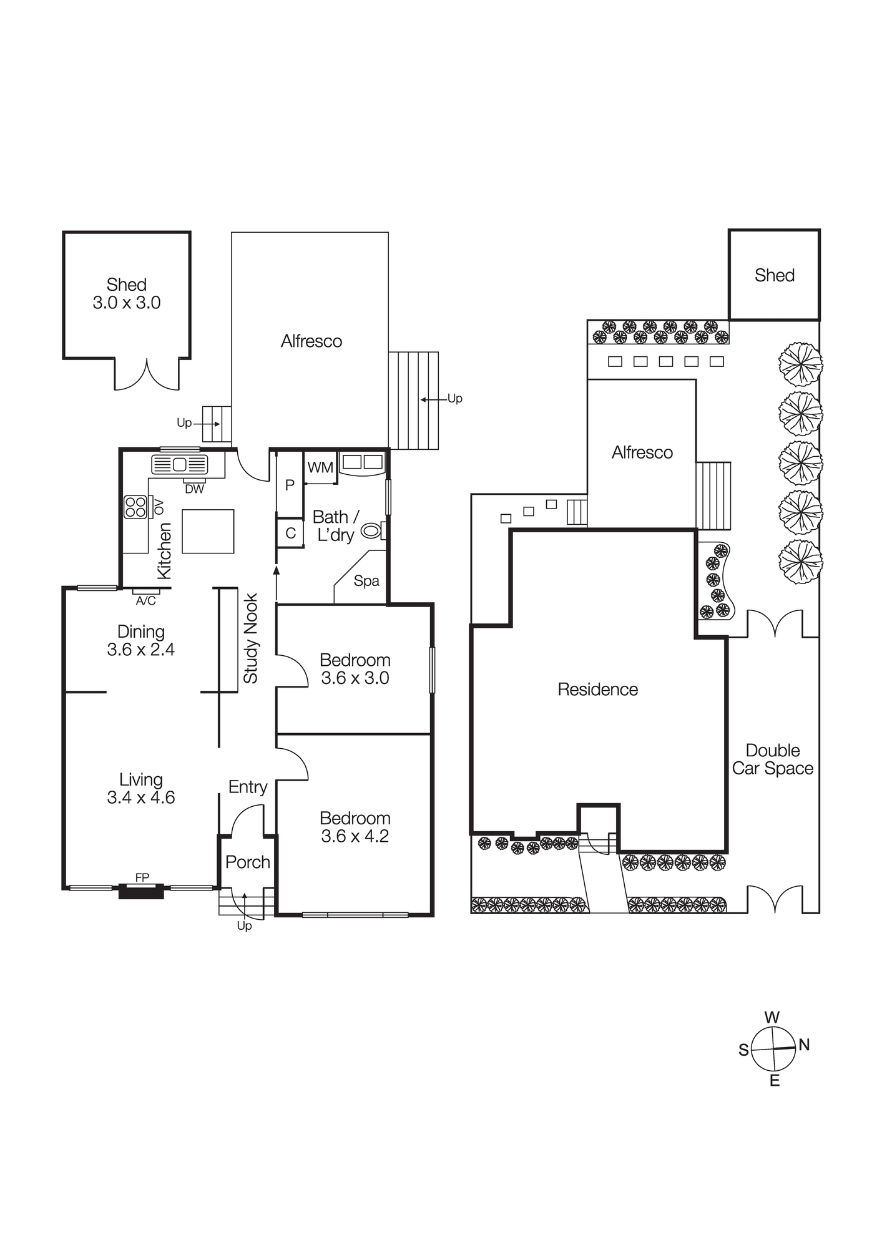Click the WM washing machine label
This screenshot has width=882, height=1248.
pyautogui.click(x=320, y=467)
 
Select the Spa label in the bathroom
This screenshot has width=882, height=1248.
pyautogui.click(x=366, y=581)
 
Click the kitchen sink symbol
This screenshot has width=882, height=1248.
pyautogui.click(x=180, y=464)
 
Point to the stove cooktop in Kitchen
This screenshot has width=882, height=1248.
pyautogui.click(x=135, y=507)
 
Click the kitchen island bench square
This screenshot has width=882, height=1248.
pyautogui.click(x=208, y=531)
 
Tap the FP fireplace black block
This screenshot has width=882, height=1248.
pyautogui.click(x=142, y=891)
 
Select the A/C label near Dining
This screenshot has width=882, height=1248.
pyautogui.click(x=145, y=601)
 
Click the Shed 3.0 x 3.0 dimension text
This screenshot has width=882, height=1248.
pyautogui.click(x=127, y=303)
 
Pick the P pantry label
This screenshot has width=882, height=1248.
pyautogui.click(x=290, y=485)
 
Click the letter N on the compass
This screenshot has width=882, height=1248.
pyautogui.click(x=804, y=1045)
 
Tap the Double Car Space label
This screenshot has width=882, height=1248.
pyautogui.click(x=773, y=759)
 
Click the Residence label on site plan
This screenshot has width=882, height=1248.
pyautogui.click(x=597, y=690)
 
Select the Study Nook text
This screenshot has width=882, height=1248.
pyautogui.click(x=251, y=638)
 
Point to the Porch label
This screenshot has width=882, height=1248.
pyautogui.click(x=248, y=862)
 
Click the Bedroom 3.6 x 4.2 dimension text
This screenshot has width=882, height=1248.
pyautogui.click(x=355, y=836)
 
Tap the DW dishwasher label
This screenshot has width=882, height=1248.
pyautogui.click(x=194, y=490)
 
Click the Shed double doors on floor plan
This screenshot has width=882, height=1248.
pyautogui.click(x=147, y=376)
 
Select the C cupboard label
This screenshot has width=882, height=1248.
pyautogui.click(x=290, y=534)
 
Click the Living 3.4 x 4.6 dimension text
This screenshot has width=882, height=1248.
pyautogui.click(x=141, y=797)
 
